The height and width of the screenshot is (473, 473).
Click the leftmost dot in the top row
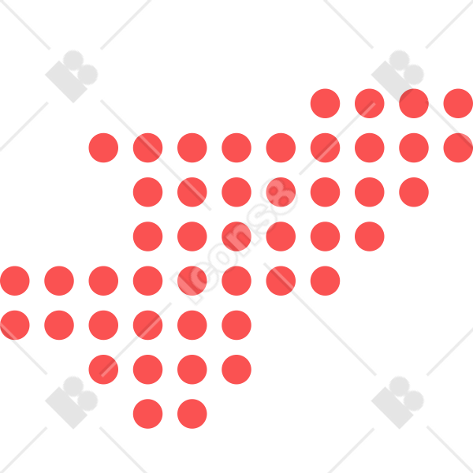(x=325, y=103)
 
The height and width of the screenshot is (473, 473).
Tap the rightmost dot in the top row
(x=458, y=103)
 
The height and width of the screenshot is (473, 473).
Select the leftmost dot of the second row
(x=103, y=148)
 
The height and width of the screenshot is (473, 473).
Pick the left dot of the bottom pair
(x=148, y=414)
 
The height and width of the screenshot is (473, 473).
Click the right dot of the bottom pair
(x=192, y=414)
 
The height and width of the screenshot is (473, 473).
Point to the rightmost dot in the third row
(x=414, y=192)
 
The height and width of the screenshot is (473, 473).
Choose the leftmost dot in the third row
(x=148, y=192)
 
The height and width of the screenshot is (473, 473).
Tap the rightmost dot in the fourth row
(x=370, y=236)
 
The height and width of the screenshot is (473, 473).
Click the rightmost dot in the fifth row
(x=325, y=281)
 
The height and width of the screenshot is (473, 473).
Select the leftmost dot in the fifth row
(x=15, y=281)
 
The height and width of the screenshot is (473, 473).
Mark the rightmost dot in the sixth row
(x=236, y=325)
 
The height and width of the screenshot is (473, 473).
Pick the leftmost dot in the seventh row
(x=103, y=370)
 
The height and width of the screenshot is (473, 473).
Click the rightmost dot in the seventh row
(x=236, y=370)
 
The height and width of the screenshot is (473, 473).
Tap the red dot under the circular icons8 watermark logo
(x=281, y=192)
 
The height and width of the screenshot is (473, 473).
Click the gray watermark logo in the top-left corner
(x=72, y=76)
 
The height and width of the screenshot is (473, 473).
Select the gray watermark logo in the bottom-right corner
(x=397, y=402)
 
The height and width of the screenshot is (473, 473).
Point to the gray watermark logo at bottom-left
(x=72, y=402)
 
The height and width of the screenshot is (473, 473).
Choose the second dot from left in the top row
(x=370, y=103)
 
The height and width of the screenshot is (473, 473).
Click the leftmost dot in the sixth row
(x=15, y=325)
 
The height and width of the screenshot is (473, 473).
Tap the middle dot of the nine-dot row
(x=281, y=148)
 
